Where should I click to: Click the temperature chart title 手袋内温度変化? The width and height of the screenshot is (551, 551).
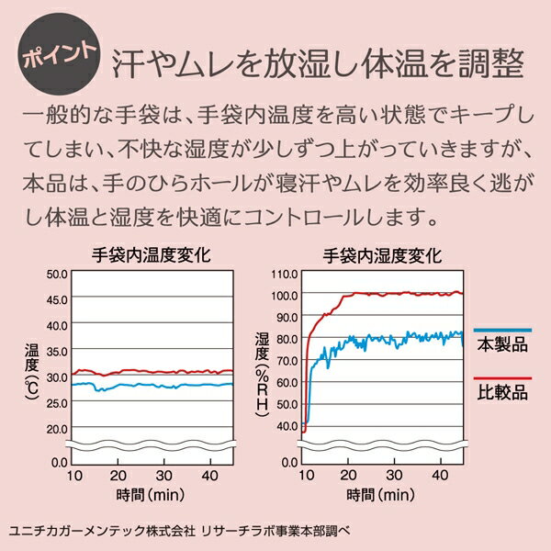coord(152,255)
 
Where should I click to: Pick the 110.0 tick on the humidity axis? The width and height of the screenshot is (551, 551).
coord(285,274)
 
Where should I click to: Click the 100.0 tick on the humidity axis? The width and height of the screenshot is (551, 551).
coord(285,295)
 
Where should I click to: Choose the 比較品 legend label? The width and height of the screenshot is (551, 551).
coord(501,393)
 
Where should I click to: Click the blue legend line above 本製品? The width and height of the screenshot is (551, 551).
coord(501,329)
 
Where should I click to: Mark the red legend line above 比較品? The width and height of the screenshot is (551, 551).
coord(501,377)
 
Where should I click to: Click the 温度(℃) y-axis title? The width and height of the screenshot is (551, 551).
coord(34,367)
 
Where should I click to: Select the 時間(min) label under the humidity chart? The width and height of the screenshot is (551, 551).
coord(381,496)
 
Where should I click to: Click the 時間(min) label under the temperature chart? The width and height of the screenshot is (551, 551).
coord(152,496)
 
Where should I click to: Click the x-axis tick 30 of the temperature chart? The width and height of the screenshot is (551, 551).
coord(162,475)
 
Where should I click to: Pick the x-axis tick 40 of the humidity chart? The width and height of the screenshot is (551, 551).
coord(437,475)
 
